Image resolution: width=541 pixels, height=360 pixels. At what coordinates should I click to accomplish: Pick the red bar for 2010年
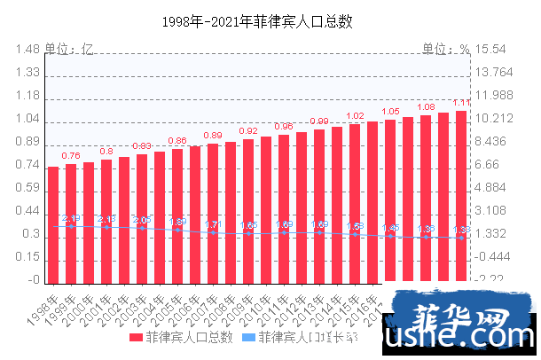tap(266, 209)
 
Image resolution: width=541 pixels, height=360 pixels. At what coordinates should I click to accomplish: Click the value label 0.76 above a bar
tap(71, 156)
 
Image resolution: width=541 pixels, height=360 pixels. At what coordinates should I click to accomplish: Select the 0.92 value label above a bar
tap(248, 131)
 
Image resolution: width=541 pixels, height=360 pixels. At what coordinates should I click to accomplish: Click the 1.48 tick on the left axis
tap(27, 50)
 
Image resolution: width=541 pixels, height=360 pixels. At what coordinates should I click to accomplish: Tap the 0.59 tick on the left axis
tap(27, 188)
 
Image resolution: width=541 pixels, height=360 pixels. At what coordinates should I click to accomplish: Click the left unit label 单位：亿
tap(69, 49)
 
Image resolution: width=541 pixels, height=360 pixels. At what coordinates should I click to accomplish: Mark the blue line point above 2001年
tap(106, 227)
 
